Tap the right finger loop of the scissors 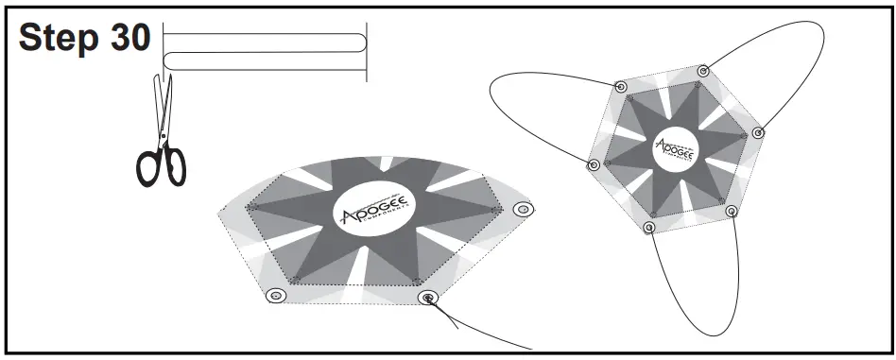(x=176, y=167)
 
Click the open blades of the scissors (x=164, y=99)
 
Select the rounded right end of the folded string (x=360, y=43)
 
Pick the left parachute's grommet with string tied (x=430, y=299)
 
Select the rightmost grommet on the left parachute (x=520, y=209)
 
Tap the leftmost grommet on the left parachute (x=275, y=297)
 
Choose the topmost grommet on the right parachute (x=702, y=71)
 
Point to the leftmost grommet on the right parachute (x=594, y=165)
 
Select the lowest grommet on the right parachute (x=648, y=227)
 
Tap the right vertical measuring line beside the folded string (x=367, y=52)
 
